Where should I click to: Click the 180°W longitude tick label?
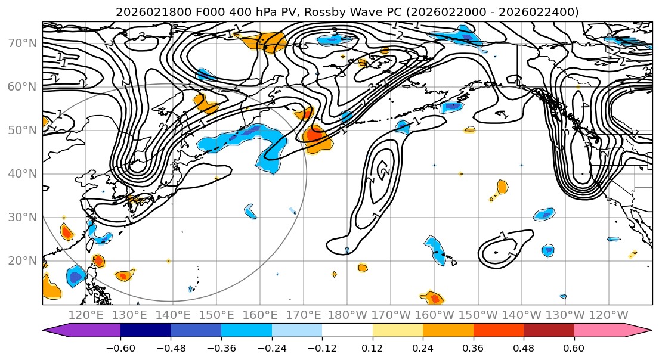click(x=347, y=315)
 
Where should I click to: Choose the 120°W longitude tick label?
click(x=608, y=315)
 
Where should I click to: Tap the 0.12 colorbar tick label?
click(x=372, y=348)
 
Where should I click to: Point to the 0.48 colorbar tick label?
click(x=523, y=348)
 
